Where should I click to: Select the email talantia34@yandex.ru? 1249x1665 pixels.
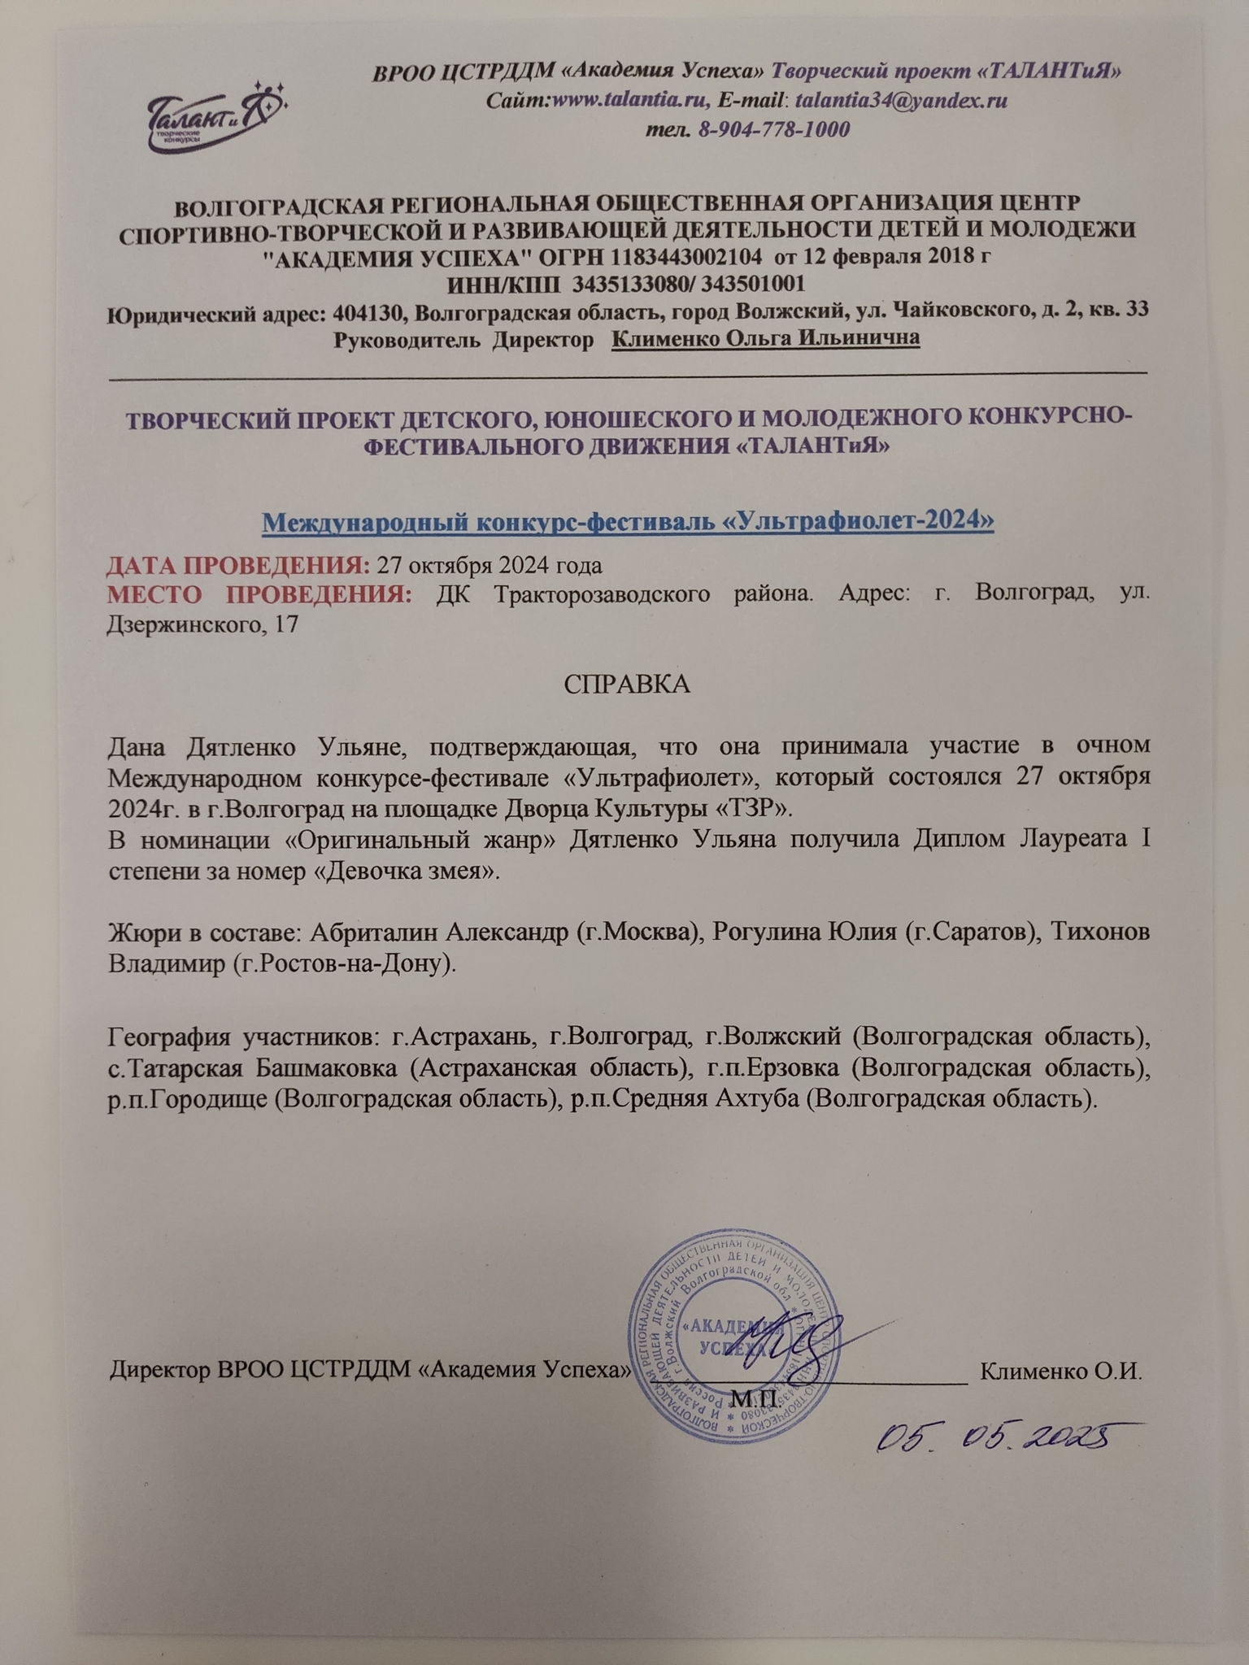901,101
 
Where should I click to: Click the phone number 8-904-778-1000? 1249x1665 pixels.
774,129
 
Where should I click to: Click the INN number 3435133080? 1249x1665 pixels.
634,284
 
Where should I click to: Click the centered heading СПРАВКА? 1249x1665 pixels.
627,684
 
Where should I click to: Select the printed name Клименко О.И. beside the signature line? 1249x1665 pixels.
1061,1370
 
